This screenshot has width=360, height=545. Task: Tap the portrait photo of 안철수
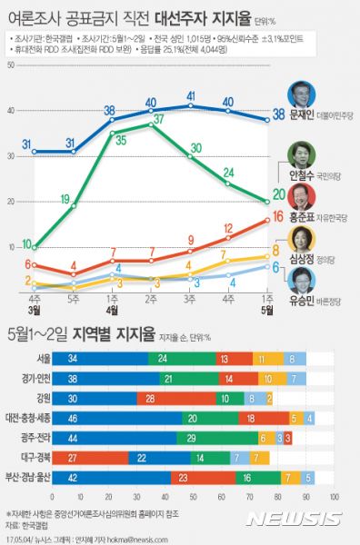299,155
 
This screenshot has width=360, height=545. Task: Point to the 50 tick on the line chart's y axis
10,66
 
